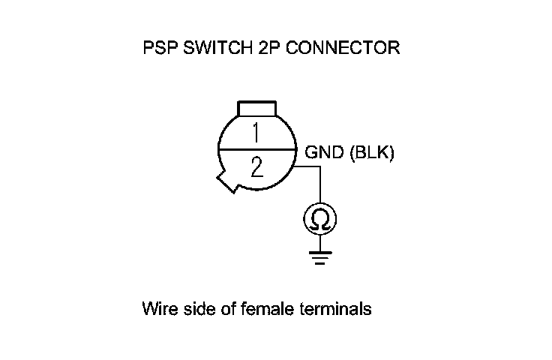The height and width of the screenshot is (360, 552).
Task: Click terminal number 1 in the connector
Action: click(256, 133)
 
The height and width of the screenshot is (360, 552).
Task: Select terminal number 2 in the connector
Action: click(256, 167)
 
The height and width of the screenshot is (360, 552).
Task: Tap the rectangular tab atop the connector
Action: click(257, 108)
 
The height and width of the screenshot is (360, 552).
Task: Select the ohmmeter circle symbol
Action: click(320, 219)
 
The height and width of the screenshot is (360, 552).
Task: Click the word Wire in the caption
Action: click(157, 309)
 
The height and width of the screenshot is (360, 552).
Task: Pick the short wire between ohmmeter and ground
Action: click(320, 241)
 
